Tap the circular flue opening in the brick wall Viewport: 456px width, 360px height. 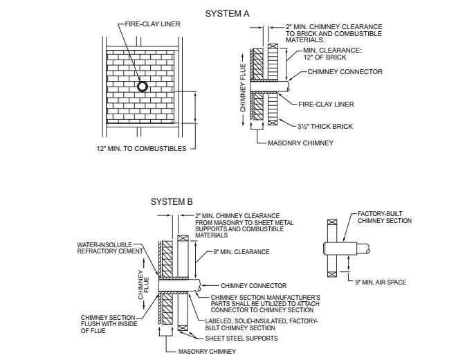point(142,87)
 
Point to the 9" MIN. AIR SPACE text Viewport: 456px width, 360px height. point(381,282)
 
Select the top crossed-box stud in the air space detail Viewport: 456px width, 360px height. point(334,223)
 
